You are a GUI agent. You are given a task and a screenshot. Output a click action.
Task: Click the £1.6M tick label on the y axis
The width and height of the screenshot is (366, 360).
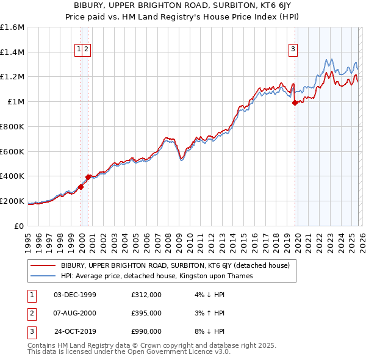pyautogui.click(x=12, y=27)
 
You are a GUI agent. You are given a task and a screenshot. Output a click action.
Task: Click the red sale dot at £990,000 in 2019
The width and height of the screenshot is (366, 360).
pyautogui.click(x=295, y=103)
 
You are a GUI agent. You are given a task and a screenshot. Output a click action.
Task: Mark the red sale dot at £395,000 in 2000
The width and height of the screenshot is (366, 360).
pyautogui.click(x=88, y=177)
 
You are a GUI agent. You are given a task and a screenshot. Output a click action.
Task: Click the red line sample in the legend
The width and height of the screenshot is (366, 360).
pyautogui.click(x=43, y=266)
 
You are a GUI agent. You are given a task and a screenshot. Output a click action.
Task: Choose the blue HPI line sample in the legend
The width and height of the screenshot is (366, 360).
pyautogui.click(x=43, y=276)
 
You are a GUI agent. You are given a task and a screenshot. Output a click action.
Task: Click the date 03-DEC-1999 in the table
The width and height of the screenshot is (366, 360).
pyautogui.click(x=75, y=295)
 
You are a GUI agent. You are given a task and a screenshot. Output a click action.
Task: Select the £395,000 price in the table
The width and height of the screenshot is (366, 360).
pyautogui.click(x=146, y=313)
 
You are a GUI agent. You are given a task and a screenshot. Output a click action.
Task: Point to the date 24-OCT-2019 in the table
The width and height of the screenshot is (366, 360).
pyautogui.click(x=75, y=331)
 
